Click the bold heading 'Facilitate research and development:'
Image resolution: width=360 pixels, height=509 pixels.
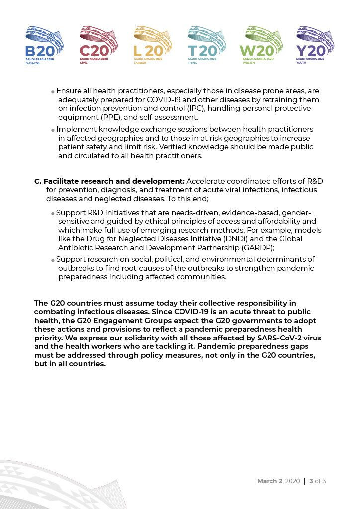(x=114, y=181)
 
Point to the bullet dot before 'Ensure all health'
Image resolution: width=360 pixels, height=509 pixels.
(x=53, y=92)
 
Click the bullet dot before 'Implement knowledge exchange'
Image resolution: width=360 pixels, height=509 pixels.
(x=53, y=130)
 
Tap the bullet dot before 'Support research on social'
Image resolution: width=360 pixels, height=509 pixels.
(x=53, y=260)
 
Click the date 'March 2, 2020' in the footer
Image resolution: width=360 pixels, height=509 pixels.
(x=278, y=481)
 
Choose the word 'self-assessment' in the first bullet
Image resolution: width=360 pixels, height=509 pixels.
(x=172, y=118)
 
